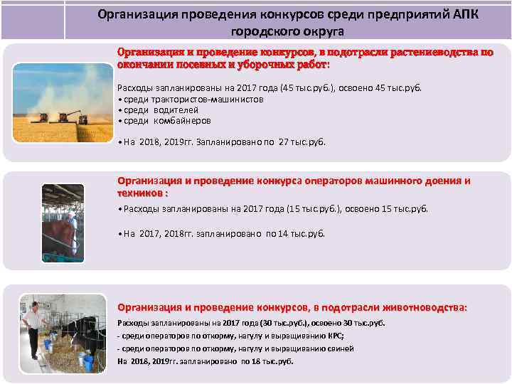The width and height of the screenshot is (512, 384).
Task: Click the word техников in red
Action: (139, 193)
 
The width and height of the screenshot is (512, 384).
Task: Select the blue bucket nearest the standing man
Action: (46, 344)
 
